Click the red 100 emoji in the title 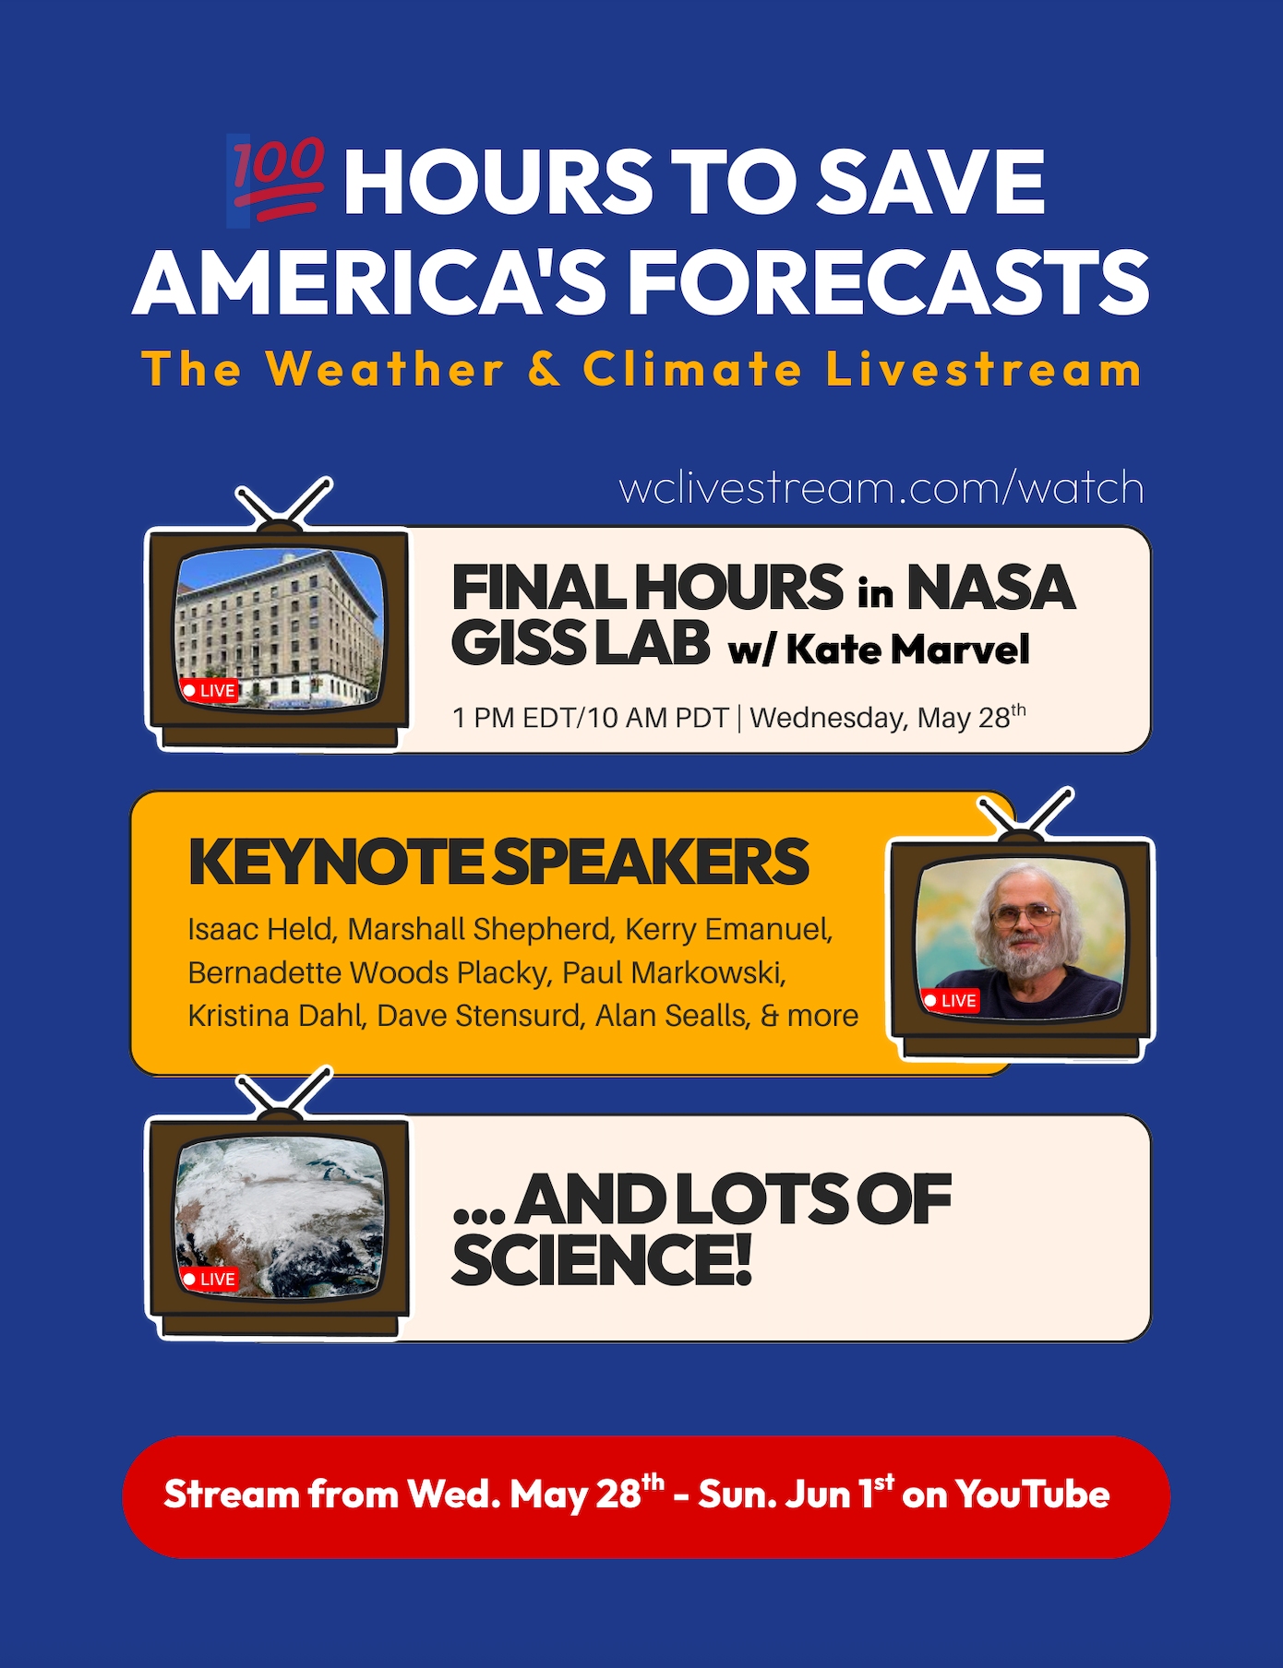point(276,180)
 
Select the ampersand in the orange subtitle point(545,369)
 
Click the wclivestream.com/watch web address point(881,487)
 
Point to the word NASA point(991,588)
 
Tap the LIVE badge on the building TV point(210,690)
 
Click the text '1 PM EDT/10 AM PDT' point(591,718)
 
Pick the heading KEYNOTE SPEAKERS point(498,863)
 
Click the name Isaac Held point(260,929)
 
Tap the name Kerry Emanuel point(729,929)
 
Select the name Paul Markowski point(674,972)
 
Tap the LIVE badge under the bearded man point(951,1000)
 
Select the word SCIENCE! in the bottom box point(601,1260)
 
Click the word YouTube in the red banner point(1032,1495)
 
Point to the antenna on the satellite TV point(283,1093)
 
